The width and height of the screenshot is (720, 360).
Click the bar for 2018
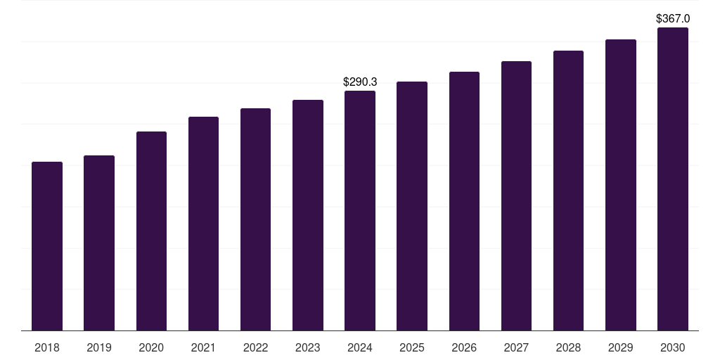coord(47,246)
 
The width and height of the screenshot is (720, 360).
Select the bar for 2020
coord(152,231)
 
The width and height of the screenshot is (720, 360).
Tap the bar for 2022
coord(255,219)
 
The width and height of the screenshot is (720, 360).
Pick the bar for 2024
coord(360,211)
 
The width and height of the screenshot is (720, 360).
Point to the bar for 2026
coord(464,201)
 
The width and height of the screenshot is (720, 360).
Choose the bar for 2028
coord(568,191)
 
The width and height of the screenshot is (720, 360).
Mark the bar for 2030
coord(673,179)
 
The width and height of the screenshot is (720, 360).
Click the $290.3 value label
coord(360,82)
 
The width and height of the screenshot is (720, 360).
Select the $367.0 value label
coord(673,18)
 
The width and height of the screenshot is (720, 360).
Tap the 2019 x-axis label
coord(99,347)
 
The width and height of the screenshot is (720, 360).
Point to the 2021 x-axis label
coord(203,347)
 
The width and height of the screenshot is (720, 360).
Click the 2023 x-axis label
coord(308,347)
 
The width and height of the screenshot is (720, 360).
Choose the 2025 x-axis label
coord(412,347)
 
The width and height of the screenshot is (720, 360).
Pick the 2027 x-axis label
coord(516,347)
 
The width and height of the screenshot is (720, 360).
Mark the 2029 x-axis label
coord(620,347)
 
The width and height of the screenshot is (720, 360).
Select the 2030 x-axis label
coord(673,347)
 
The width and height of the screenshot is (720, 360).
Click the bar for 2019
coord(99,243)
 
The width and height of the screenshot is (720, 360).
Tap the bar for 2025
coord(412,206)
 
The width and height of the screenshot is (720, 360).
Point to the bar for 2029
coord(621,185)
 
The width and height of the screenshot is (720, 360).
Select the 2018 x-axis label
coord(47,347)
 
